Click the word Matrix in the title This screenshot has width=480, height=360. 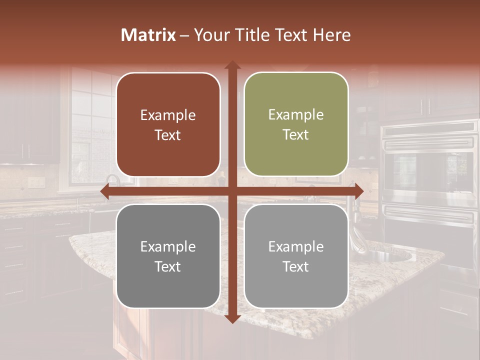coord(148,35)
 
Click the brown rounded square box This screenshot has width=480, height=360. coord(168,124)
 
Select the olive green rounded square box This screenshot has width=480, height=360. coord(296,124)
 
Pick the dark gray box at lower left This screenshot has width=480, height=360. coord(168,256)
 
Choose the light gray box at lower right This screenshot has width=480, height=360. coord(296,256)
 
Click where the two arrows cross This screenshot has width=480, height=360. coord(232,191)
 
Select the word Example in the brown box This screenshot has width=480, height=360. coord(168,115)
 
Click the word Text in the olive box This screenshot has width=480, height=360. coord(296,135)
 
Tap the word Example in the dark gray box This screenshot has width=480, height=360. coord(168,247)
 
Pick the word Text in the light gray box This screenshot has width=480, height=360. coord(296,266)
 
